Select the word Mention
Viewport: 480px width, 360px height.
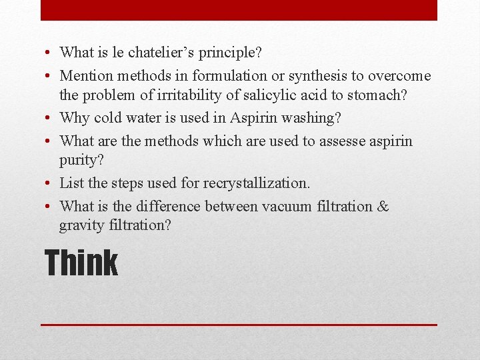[85, 76]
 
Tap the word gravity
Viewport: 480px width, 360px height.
[81, 225]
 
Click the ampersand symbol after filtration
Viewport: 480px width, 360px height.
[383, 207]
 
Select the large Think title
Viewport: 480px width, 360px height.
[81, 263]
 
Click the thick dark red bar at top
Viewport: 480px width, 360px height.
[239, 10]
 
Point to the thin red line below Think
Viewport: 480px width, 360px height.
[239, 325]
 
